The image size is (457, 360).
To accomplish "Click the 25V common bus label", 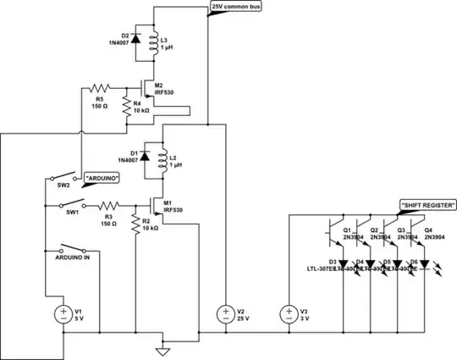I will click(242, 7).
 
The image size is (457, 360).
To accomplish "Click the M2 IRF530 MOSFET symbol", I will click(141, 88).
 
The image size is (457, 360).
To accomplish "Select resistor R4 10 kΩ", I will click(127, 106).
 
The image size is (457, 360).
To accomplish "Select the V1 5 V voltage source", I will click(63, 314).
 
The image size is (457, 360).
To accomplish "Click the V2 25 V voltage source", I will click(226, 314).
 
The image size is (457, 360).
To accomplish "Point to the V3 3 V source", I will click(288, 314).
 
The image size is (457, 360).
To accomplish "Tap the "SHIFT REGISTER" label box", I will click(428, 206).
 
